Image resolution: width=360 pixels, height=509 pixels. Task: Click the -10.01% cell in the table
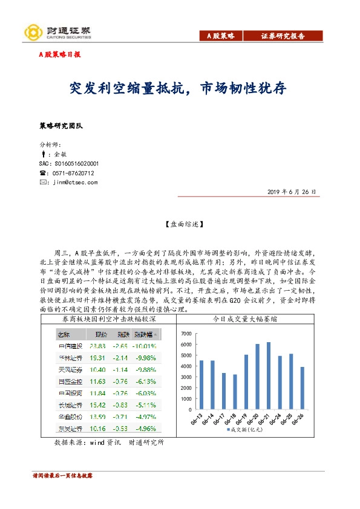[145, 346]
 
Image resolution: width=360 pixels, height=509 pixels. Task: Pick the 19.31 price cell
[97, 358]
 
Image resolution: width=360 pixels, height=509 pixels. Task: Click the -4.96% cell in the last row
[145, 429]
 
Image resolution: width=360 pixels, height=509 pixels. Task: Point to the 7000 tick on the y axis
[185, 334]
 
